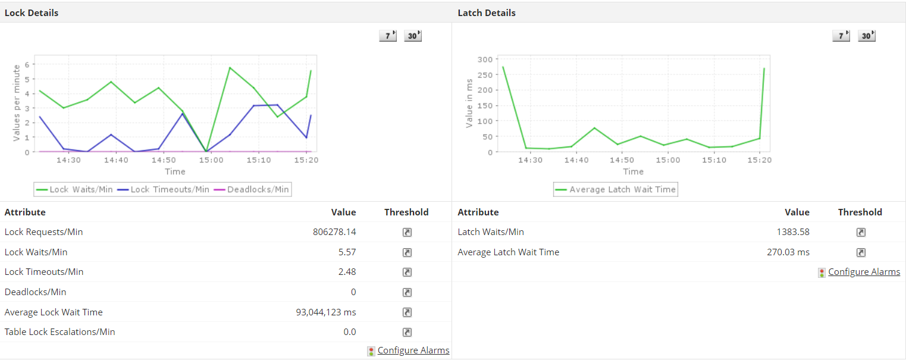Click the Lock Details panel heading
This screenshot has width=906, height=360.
32,12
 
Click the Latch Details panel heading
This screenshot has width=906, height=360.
487,12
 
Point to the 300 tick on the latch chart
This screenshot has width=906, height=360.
485,59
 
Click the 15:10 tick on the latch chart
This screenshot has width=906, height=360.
714,160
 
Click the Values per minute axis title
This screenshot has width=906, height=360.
17,102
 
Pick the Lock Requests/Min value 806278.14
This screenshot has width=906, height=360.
334,232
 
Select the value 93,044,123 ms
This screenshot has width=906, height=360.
326,312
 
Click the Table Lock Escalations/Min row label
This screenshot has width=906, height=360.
60,331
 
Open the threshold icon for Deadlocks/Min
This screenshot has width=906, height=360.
407,292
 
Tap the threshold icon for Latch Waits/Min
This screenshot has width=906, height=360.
861,232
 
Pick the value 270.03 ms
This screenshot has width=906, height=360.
788,252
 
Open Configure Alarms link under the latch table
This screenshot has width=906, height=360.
864,272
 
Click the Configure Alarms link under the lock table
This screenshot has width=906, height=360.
413,350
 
